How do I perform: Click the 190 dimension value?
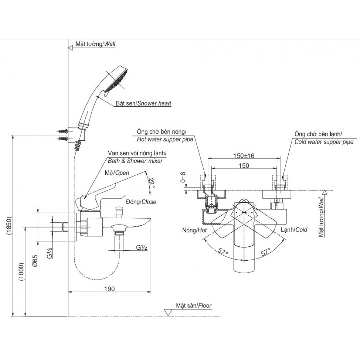[x=110, y=289]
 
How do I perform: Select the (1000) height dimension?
[x=21, y=272]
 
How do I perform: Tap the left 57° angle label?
[x=223, y=252]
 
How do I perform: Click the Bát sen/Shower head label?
[x=143, y=103]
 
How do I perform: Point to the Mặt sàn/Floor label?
[x=194, y=306]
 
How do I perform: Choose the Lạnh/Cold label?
[x=294, y=230]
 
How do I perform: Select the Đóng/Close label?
[x=141, y=202]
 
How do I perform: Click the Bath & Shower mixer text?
[x=135, y=161]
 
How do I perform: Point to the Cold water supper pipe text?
[x=324, y=142]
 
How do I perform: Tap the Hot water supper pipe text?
[x=165, y=139]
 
